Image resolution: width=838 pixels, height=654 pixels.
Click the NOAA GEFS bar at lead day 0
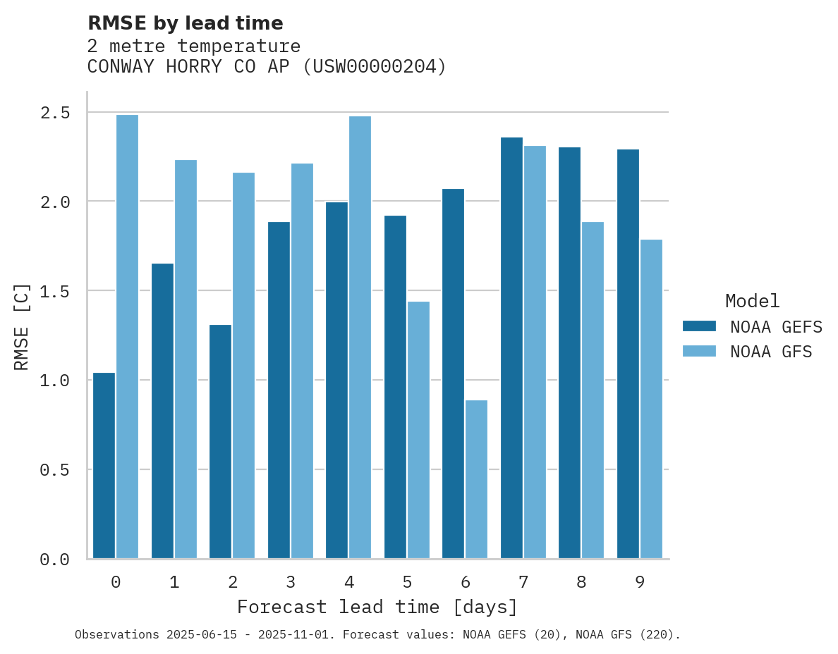point(104,465)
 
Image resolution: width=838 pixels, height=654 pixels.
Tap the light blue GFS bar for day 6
point(476,479)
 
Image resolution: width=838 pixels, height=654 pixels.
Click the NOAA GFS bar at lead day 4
point(360,338)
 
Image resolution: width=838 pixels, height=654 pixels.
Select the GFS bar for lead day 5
point(418,430)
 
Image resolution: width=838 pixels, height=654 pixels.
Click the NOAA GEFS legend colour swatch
point(699,326)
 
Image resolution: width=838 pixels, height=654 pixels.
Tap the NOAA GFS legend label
point(771,352)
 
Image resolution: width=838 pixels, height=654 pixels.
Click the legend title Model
point(752,301)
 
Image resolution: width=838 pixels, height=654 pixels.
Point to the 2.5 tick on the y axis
point(54,113)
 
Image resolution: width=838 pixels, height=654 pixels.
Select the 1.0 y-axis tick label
point(54,381)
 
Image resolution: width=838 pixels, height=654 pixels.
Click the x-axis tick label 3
point(291,582)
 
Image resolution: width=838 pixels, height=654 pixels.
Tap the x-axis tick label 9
point(639,582)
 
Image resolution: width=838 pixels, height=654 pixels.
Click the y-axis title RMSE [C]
point(22,326)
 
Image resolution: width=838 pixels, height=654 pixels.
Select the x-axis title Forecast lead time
point(377,607)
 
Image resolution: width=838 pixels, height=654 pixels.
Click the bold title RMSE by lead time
point(185,23)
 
